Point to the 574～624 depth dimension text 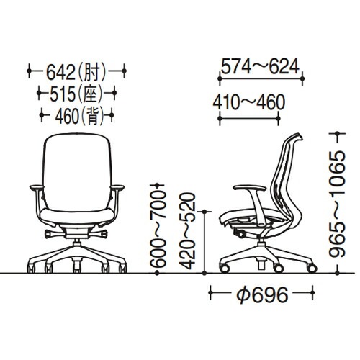tap(260, 66)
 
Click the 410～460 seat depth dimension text tap(249, 102)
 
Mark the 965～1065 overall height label tap(337, 204)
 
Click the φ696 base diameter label tap(262, 294)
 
